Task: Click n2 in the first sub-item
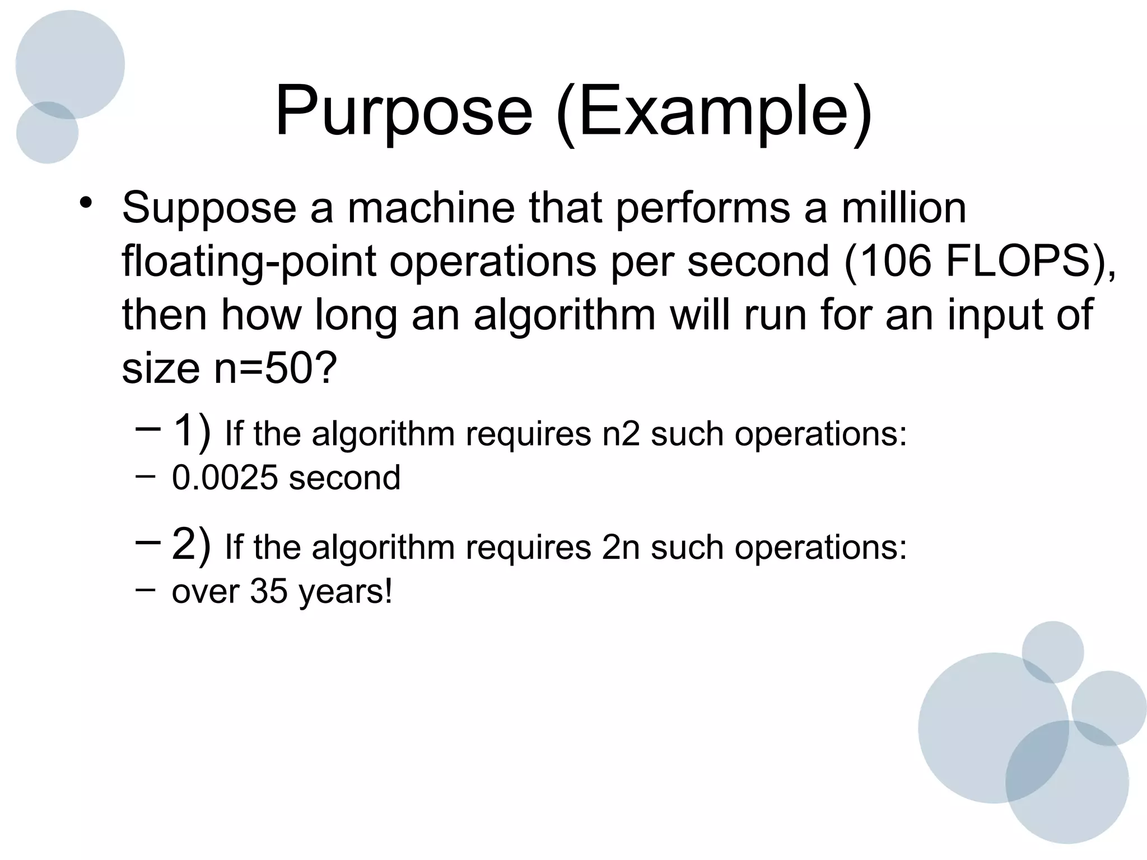click(x=621, y=434)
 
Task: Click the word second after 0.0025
click(x=344, y=478)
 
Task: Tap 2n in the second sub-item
click(x=621, y=547)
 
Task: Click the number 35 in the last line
click(x=268, y=591)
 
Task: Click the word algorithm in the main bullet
click(x=565, y=316)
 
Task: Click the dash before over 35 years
click(x=145, y=588)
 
